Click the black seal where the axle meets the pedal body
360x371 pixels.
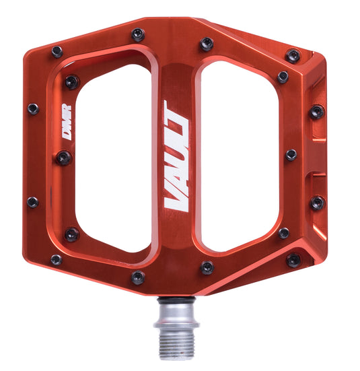(x=176, y=300)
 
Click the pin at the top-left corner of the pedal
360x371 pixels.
(x=57, y=51)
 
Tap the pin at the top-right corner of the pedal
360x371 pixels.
(x=293, y=56)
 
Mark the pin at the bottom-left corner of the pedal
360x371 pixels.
(x=56, y=259)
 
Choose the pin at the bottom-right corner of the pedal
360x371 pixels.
(x=294, y=259)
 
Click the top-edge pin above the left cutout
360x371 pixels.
(x=137, y=34)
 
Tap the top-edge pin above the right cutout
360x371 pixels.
(x=207, y=45)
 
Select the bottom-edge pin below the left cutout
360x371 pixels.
(x=138, y=277)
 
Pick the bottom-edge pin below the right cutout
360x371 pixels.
(x=207, y=267)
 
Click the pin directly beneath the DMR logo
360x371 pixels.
(x=64, y=158)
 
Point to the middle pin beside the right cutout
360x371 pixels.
(x=291, y=155)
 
